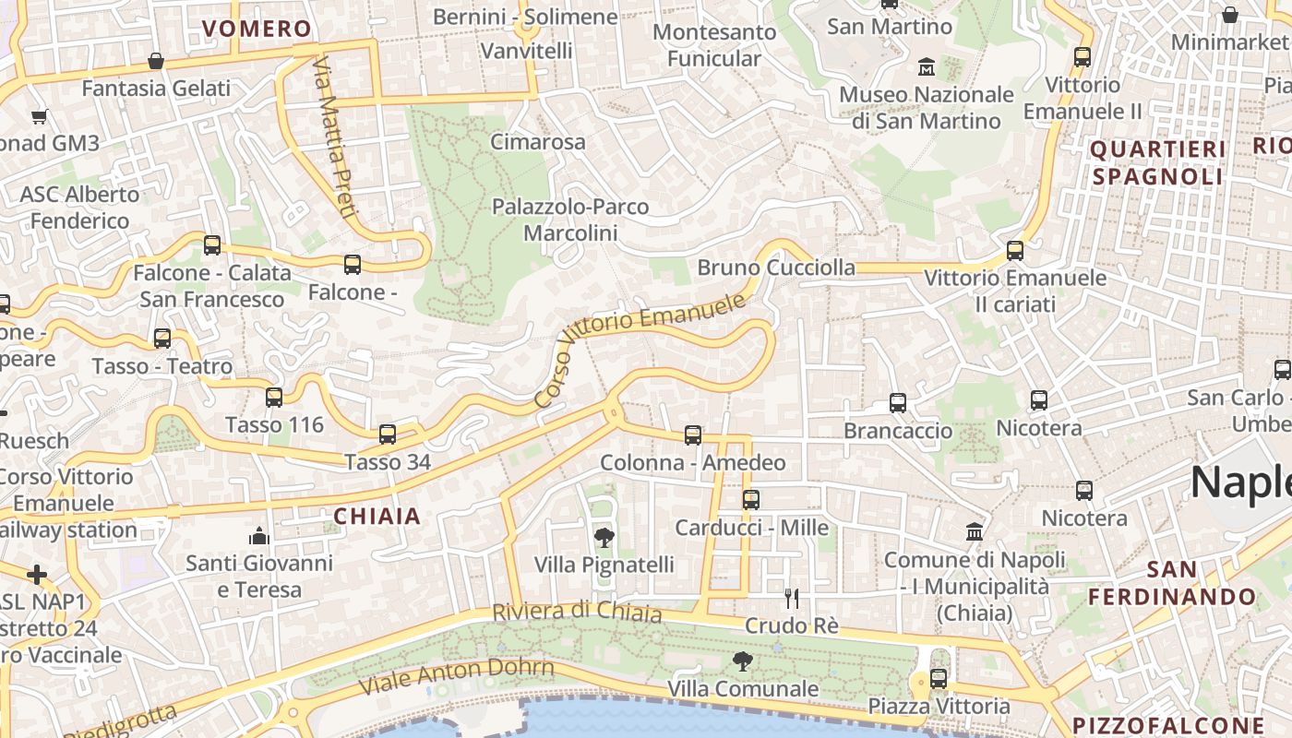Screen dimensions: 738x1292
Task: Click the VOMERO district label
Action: [257, 29]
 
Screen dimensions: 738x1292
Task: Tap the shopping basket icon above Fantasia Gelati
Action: [156, 61]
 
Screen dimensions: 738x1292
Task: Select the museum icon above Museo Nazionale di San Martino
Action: [926, 66]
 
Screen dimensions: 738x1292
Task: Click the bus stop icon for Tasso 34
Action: [388, 434]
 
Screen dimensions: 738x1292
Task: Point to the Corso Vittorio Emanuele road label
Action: [640, 351]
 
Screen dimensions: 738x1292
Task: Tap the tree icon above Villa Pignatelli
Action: [604, 537]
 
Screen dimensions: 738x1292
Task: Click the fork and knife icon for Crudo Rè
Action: [791, 598]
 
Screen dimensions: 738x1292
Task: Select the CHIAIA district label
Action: [377, 517]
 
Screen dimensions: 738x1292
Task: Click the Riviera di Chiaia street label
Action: [577, 612]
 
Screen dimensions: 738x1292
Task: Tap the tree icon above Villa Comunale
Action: [741, 661]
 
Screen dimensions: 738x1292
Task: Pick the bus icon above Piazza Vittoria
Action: [939, 678]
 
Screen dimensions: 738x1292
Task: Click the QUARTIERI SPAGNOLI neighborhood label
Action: [1158, 162]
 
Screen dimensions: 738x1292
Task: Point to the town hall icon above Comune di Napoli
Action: [974, 531]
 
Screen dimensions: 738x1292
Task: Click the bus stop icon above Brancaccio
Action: [897, 402]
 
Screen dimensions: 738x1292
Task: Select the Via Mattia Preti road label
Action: [334, 138]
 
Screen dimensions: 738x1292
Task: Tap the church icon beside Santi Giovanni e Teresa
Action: [259, 535]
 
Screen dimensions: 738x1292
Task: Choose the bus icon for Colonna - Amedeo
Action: [693, 434]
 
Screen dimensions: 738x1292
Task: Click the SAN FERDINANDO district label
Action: [1172, 583]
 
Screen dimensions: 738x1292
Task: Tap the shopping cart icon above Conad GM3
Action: [39, 116]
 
